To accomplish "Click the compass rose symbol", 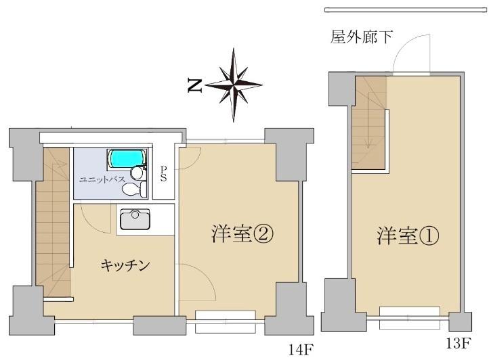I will click(x=234, y=85).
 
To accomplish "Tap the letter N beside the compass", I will click(x=196, y=85).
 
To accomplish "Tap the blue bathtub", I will click(x=127, y=159).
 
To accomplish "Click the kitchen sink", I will click(x=135, y=220).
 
